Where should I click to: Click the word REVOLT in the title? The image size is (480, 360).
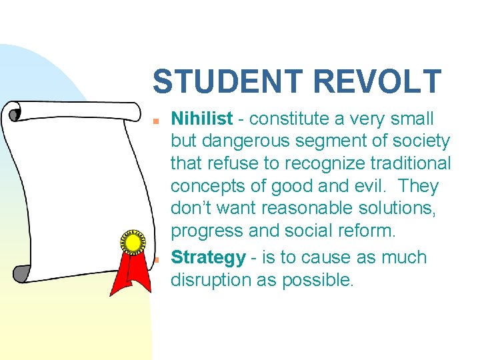pyautogui.click(x=377, y=82)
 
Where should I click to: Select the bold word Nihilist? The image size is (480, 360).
pyautogui.click(x=202, y=119)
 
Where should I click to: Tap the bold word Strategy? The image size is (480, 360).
pyautogui.click(x=209, y=257)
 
